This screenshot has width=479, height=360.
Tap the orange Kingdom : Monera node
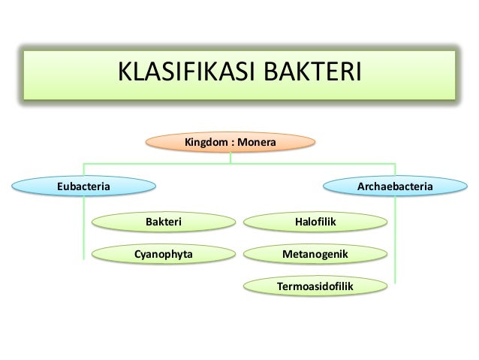231,141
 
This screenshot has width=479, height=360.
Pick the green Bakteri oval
163,222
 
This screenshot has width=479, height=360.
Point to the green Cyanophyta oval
163,254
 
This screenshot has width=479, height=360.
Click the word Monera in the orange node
258,141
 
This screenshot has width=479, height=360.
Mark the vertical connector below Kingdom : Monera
231,156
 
